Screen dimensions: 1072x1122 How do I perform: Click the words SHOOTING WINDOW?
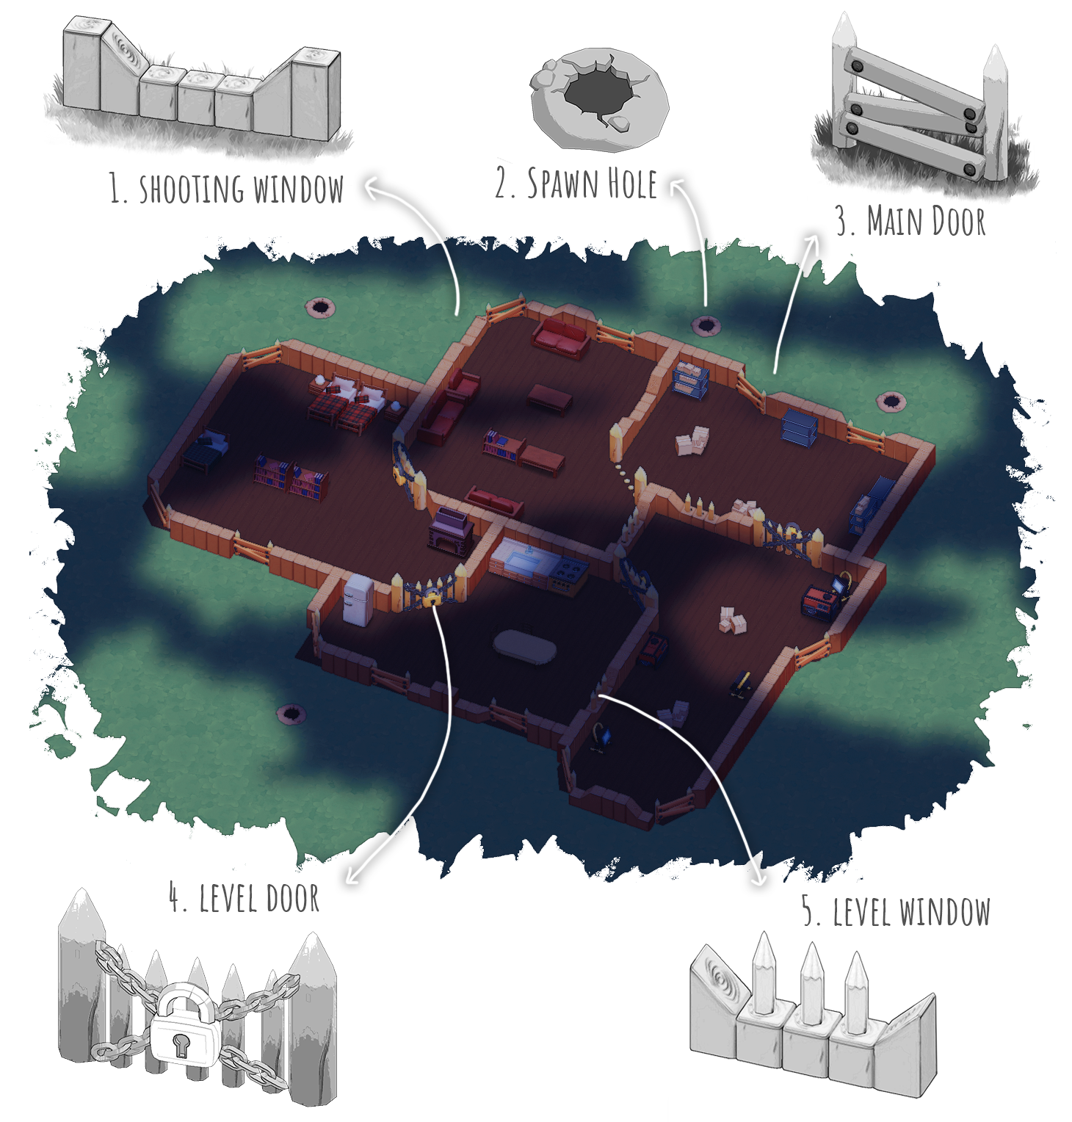[241, 189]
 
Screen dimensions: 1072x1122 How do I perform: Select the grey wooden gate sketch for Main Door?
[921, 103]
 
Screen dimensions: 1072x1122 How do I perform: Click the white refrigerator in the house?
[358, 599]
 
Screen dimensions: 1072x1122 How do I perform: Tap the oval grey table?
[524, 646]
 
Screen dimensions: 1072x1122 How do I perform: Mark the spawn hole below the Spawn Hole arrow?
[706, 325]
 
